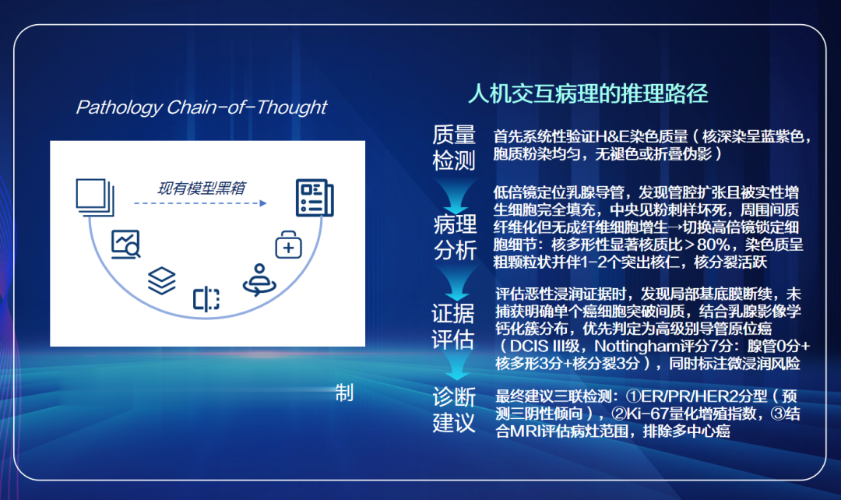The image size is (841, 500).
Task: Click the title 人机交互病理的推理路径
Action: (588, 94)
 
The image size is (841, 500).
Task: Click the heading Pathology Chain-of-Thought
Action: (201, 107)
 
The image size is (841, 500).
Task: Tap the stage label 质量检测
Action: (454, 147)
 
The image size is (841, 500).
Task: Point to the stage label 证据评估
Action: (453, 326)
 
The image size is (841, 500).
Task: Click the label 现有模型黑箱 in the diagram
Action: (202, 188)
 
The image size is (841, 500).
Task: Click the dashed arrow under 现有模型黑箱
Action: (200, 203)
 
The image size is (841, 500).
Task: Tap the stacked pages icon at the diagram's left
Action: (95, 197)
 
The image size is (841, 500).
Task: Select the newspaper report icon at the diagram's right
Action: (315, 198)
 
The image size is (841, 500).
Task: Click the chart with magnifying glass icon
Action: (126, 245)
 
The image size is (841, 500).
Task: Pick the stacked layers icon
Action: (162, 280)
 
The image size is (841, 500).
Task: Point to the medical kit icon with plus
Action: (289, 245)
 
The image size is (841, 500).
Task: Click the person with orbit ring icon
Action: (259, 280)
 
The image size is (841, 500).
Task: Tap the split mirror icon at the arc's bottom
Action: (206, 299)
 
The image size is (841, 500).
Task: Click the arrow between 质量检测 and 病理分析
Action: (456, 195)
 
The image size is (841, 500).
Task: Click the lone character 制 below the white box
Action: (344, 393)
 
